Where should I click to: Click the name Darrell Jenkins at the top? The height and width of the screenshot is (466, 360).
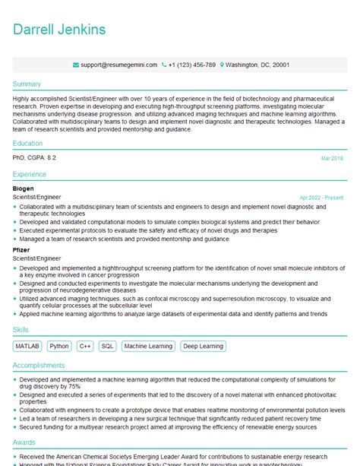tap(59, 30)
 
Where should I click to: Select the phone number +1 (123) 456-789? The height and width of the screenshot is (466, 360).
tap(191, 65)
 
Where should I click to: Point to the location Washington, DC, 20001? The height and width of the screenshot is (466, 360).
tap(257, 65)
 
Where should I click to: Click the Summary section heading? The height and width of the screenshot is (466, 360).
tap(27, 84)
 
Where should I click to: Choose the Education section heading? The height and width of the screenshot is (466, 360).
tap(28, 143)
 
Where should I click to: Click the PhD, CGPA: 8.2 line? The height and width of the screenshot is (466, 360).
tap(34, 157)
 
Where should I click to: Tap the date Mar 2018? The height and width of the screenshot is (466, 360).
tap(332, 158)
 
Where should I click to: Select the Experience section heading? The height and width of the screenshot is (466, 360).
tap(30, 174)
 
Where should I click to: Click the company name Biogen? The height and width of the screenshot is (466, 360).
tap(24, 188)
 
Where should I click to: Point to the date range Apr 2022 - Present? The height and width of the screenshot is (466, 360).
tap(321, 198)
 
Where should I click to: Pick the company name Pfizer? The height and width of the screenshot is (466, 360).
tap(22, 249)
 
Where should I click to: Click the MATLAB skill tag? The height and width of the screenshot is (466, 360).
tap(27, 346)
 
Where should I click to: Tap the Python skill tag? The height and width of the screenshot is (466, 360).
tap(58, 346)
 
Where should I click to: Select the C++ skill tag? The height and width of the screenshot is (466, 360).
tap(84, 346)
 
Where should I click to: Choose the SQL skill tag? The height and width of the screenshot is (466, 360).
tap(107, 346)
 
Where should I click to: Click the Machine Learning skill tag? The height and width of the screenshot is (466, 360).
tap(148, 346)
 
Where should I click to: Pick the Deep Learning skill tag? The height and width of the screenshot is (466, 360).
tap(204, 346)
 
